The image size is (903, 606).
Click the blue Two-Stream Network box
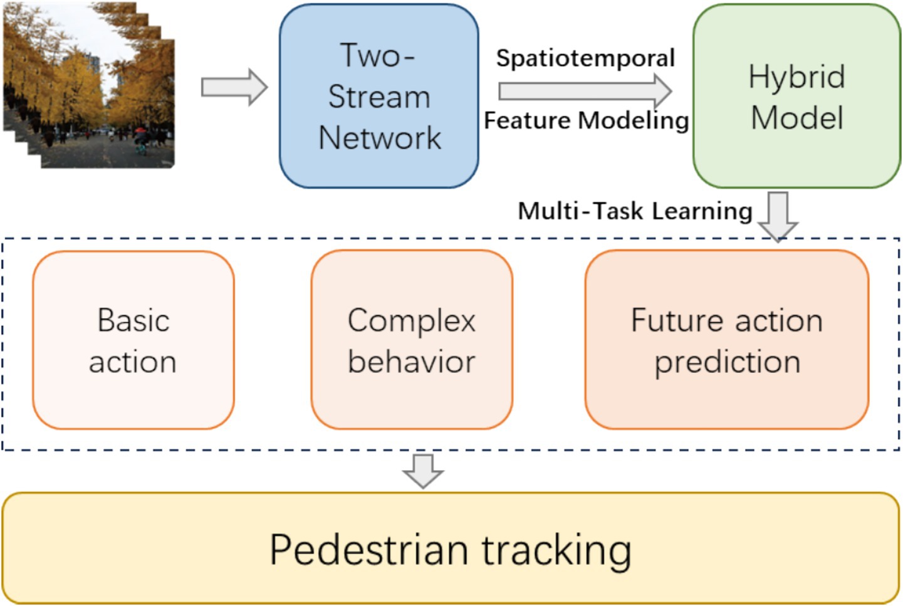[379, 96]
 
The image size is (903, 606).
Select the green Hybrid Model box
[796, 96]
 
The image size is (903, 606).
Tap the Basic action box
[133, 340]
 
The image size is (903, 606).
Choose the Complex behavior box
[411, 340]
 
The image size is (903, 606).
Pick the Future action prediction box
[726, 340]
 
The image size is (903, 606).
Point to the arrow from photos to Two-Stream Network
[234, 87]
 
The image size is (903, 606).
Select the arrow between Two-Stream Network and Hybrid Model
[585, 91]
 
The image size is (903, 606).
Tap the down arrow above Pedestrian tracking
[423, 471]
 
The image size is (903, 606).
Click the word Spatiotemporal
[585, 58]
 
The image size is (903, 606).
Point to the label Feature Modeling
[586, 120]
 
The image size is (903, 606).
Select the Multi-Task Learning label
[635, 211]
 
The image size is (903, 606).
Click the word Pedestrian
[369, 550]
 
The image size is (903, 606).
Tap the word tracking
[556, 551]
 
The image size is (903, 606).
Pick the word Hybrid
[796, 77]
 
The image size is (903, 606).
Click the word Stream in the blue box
[379, 97]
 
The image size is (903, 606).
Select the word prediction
[728, 362]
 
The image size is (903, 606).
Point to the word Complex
[411, 321]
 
